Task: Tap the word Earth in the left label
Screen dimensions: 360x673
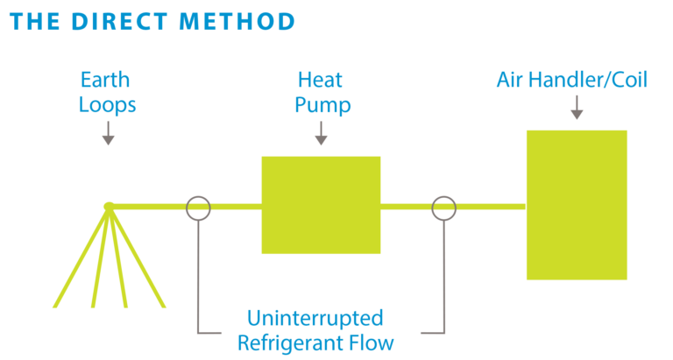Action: click(107, 81)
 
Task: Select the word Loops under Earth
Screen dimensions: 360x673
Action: click(107, 105)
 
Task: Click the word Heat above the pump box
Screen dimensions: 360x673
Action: click(320, 81)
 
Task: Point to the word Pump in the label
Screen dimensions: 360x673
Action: click(321, 105)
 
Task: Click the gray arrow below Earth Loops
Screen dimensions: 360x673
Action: click(108, 133)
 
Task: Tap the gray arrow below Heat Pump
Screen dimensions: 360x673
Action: click(321, 133)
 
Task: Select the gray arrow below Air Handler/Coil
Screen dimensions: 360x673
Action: click(577, 108)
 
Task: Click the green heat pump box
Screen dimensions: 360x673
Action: click(321, 205)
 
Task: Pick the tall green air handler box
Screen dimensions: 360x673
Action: click(577, 205)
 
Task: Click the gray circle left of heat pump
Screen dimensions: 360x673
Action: click(198, 208)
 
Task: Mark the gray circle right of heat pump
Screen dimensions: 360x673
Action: click(444, 208)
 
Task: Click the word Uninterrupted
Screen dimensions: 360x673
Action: click(315, 317)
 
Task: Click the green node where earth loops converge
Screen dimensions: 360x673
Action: click(109, 207)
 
